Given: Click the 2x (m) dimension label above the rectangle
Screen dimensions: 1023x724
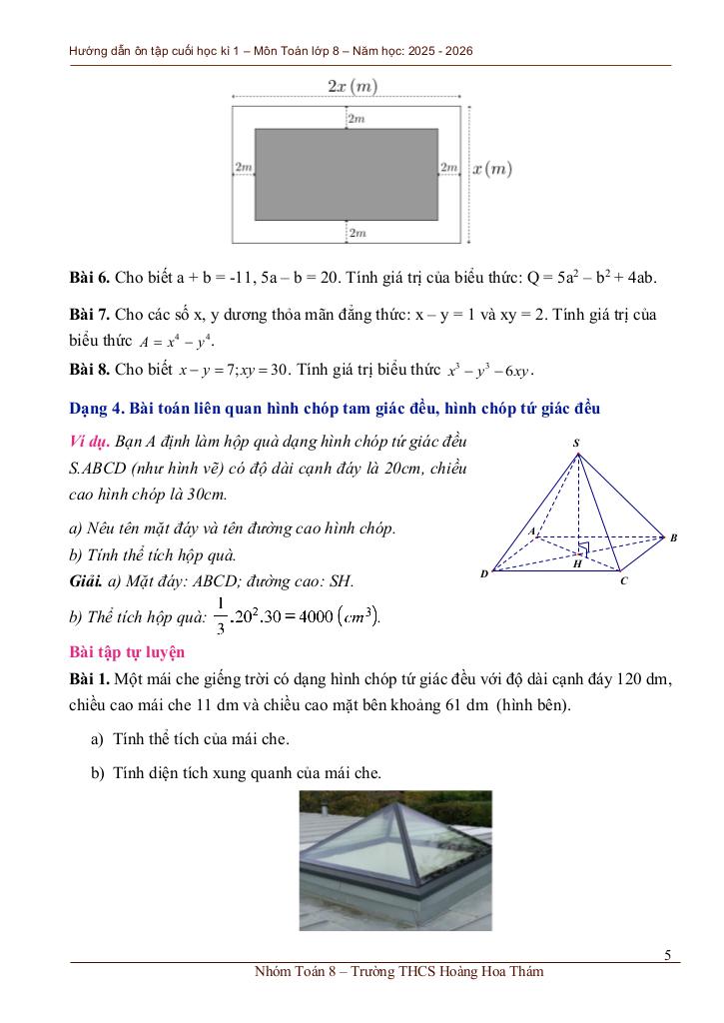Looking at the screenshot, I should click(x=353, y=86).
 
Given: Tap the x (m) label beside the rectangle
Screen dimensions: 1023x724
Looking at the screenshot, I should click(x=491, y=169).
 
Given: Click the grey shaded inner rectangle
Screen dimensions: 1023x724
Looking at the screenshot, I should click(x=346, y=174).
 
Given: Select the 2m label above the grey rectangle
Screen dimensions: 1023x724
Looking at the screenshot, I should click(x=357, y=119).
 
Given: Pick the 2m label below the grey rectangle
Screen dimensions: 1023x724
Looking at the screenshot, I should click(x=357, y=233).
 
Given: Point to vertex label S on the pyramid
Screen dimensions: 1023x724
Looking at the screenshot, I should click(x=576, y=443).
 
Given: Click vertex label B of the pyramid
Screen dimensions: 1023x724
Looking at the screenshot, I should click(x=674, y=537).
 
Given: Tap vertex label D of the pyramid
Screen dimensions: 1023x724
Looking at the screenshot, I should click(x=484, y=573).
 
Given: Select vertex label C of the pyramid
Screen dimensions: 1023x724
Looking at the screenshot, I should click(x=623, y=580).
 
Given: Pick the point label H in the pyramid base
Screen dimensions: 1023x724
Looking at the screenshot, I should click(x=577, y=563).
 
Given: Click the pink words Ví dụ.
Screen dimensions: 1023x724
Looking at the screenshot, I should click(x=90, y=441).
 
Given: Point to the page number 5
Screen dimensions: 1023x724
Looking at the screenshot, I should click(x=668, y=955).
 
